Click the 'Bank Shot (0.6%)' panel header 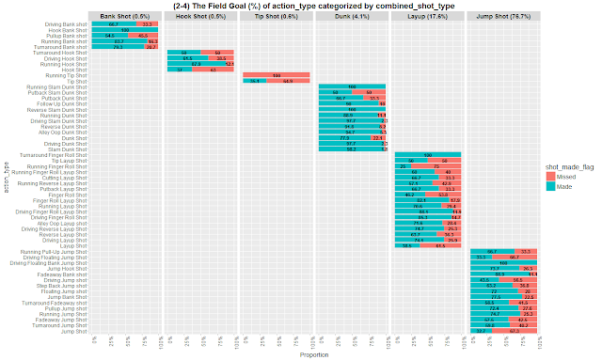tap(128, 16)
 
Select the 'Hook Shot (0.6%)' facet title tap(202, 16)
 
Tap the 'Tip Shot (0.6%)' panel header tap(278, 16)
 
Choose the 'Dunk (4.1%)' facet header tap(353, 16)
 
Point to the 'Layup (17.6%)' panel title tap(428, 16)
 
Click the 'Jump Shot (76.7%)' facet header tap(504, 16)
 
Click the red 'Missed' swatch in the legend tap(555, 176)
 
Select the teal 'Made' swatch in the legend tap(555, 187)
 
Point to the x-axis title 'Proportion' tap(316, 355)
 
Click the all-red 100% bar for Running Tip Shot tap(278, 75)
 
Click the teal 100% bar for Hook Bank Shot tap(128, 30)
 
